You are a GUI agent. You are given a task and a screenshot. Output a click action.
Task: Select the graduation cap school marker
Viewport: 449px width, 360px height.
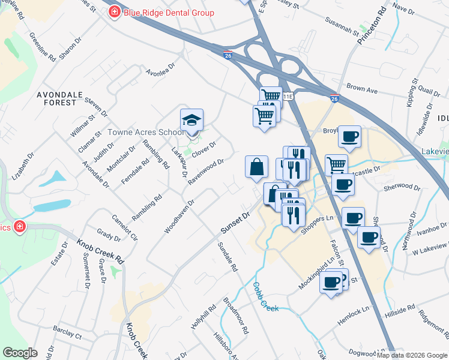[x=192, y=120]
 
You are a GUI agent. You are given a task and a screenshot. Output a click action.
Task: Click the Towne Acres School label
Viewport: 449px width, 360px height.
[x=146, y=132]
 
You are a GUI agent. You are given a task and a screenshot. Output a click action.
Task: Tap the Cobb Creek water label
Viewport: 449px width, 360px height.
[x=264, y=297]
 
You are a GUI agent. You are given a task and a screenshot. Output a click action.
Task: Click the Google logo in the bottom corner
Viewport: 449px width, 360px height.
[x=20, y=353]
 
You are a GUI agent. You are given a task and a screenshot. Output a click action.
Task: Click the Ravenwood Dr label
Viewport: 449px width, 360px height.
[x=206, y=172]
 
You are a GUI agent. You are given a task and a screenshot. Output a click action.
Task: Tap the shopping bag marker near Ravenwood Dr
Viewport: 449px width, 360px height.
[x=256, y=167]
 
